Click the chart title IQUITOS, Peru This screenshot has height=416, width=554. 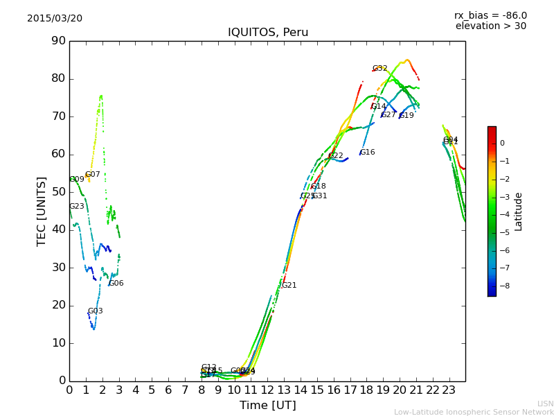tap(268, 33)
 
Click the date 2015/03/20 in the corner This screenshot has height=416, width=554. tap(55, 19)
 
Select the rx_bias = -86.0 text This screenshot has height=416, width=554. tap(490, 15)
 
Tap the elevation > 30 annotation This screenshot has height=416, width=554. tap(490, 26)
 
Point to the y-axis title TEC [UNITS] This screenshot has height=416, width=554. tap(42, 211)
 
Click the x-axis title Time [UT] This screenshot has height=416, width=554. tap(267, 405)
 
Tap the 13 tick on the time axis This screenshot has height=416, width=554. tap(284, 390)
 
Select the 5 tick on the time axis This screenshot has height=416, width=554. tap(152, 390)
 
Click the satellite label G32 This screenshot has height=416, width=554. tap(379, 69)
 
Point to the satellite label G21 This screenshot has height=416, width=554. tap(289, 286)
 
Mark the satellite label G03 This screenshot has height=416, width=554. tap(95, 311)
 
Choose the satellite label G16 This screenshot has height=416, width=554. tap(367, 153)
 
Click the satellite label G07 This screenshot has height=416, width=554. tap(92, 175)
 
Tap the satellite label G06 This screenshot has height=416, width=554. tap(116, 284)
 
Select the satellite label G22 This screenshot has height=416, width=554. tap(335, 156)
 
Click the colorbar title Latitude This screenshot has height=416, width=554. tap(518, 211)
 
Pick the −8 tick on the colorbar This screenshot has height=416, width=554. tap(503, 285)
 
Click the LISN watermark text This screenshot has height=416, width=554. tap(545, 404)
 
